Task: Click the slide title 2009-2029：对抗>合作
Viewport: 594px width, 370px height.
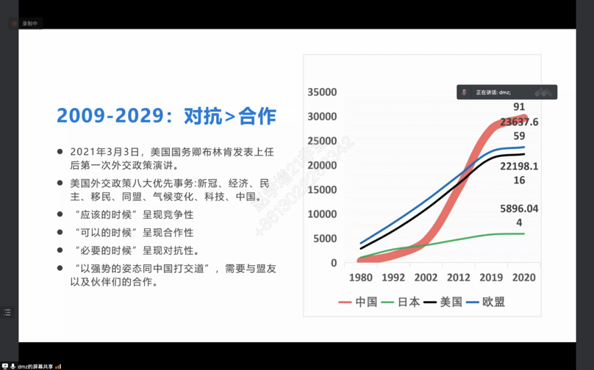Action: point(166,116)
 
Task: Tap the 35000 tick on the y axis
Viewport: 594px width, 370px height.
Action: point(323,92)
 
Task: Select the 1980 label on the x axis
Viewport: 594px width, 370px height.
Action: point(360,277)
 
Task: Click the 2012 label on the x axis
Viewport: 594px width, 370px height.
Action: point(459,277)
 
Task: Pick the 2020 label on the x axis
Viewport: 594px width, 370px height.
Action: point(523,277)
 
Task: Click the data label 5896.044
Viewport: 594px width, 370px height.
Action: point(519,215)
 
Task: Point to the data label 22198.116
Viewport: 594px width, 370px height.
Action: point(519,173)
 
